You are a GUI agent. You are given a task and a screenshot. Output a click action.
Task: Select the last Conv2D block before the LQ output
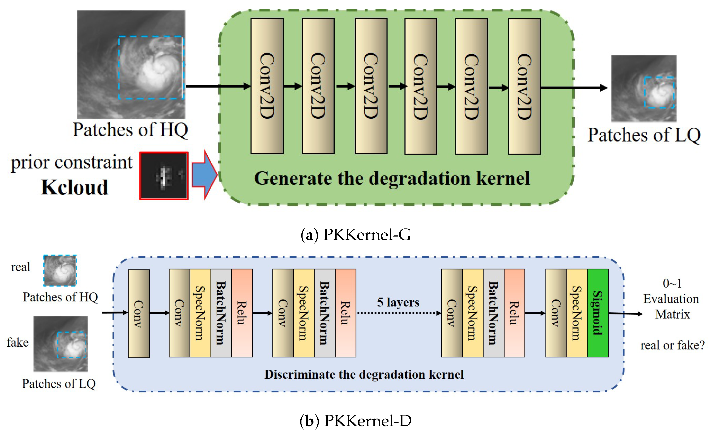(524, 87)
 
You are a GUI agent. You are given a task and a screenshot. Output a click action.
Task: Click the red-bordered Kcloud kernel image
(164, 176)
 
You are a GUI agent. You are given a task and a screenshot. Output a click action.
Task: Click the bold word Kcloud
(74, 187)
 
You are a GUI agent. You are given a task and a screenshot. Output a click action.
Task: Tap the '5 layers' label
(398, 302)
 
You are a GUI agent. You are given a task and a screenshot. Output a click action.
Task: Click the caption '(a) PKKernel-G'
(355, 234)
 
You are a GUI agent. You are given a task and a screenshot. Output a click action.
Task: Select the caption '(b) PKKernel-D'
(355, 421)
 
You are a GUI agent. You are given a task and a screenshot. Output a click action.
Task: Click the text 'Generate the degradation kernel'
(392, 178)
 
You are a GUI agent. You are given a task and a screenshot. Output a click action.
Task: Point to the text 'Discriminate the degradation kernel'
(364, 374)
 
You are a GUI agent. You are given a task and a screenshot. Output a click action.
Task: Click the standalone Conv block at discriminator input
(139, 313)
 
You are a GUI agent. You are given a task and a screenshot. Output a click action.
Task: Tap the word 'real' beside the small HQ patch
(21, 267)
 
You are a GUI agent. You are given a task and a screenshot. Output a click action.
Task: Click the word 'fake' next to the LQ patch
(18, 342)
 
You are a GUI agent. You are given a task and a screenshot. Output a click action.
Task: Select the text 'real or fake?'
(672, 345)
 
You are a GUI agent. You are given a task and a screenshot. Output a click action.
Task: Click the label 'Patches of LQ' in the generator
(644, 135)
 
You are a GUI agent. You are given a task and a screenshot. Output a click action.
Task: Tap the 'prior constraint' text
(72, 162)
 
